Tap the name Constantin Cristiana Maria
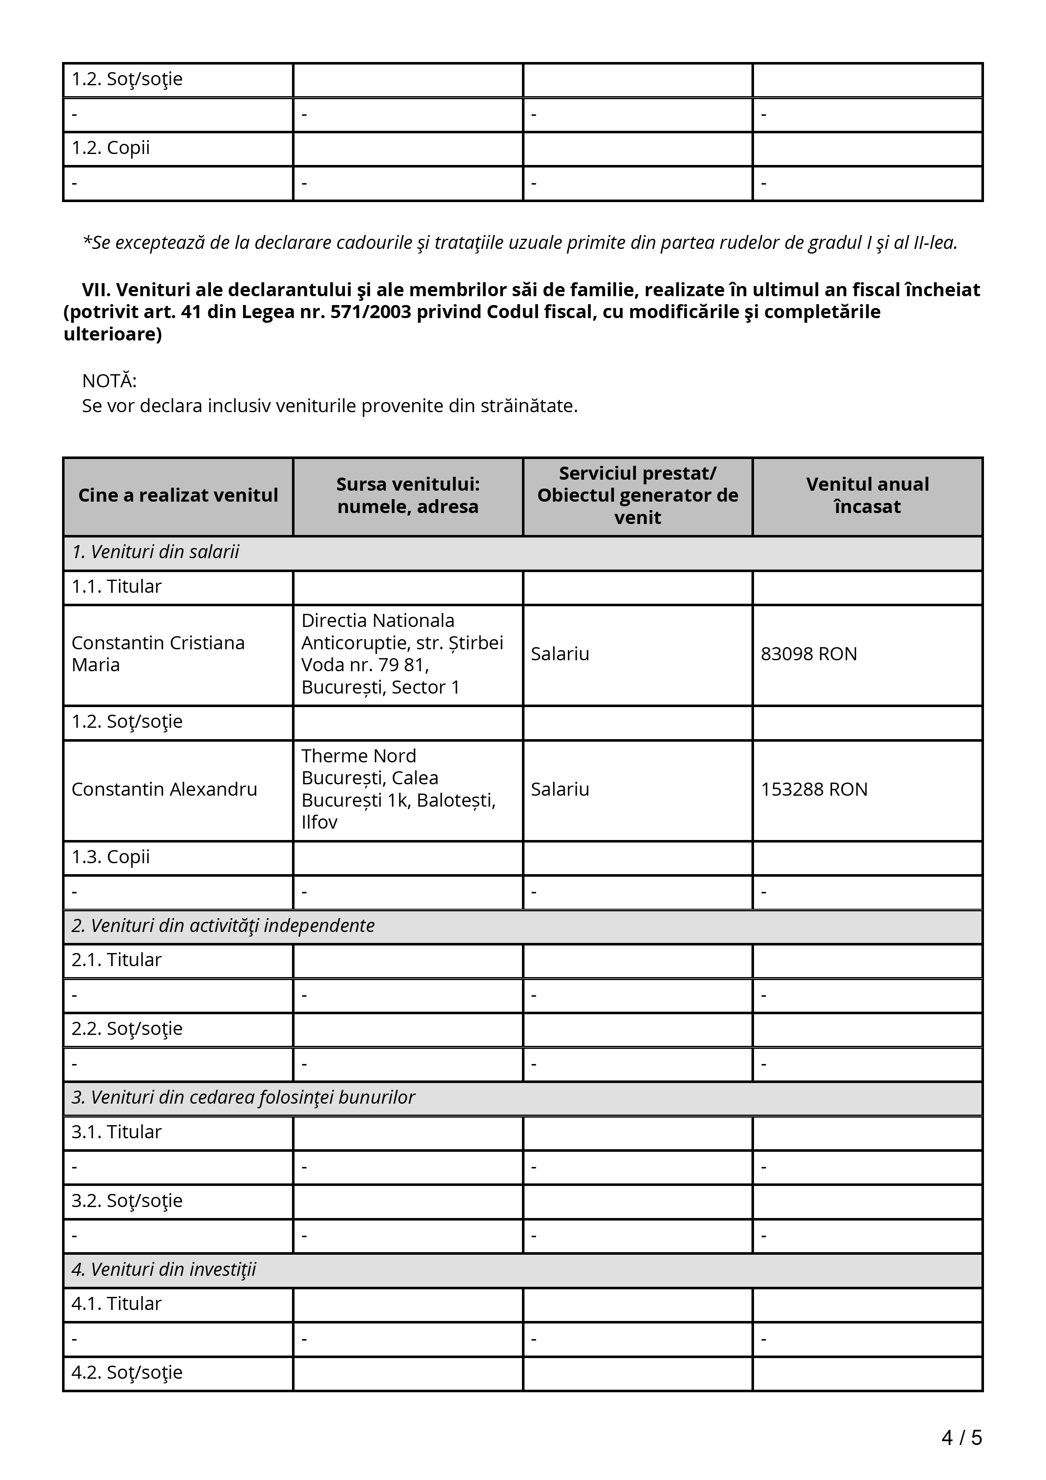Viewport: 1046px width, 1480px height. tap(158, 654)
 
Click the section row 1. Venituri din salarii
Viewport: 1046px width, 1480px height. tap(155, 552)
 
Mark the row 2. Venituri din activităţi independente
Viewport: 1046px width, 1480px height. tap(223, 926)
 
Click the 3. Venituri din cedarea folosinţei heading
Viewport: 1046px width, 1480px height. tap(243, 1098)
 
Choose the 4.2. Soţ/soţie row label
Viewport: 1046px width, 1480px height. tap(127, 1372)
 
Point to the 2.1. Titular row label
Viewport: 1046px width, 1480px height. tap(116, 960)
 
